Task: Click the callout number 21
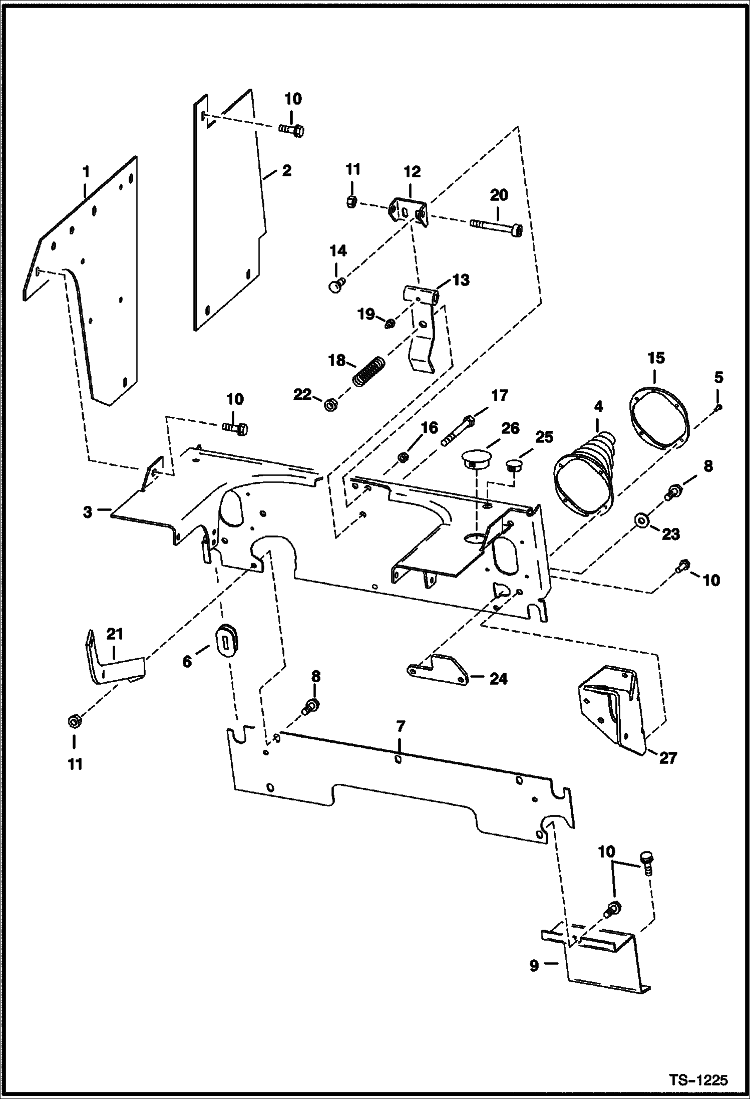click(x=115, y=634)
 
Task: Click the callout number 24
click(x=498, y=679)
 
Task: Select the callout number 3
click(x=88, y=512)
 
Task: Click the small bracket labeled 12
click(x=407, y=211)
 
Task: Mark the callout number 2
click(x=286, y=171)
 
